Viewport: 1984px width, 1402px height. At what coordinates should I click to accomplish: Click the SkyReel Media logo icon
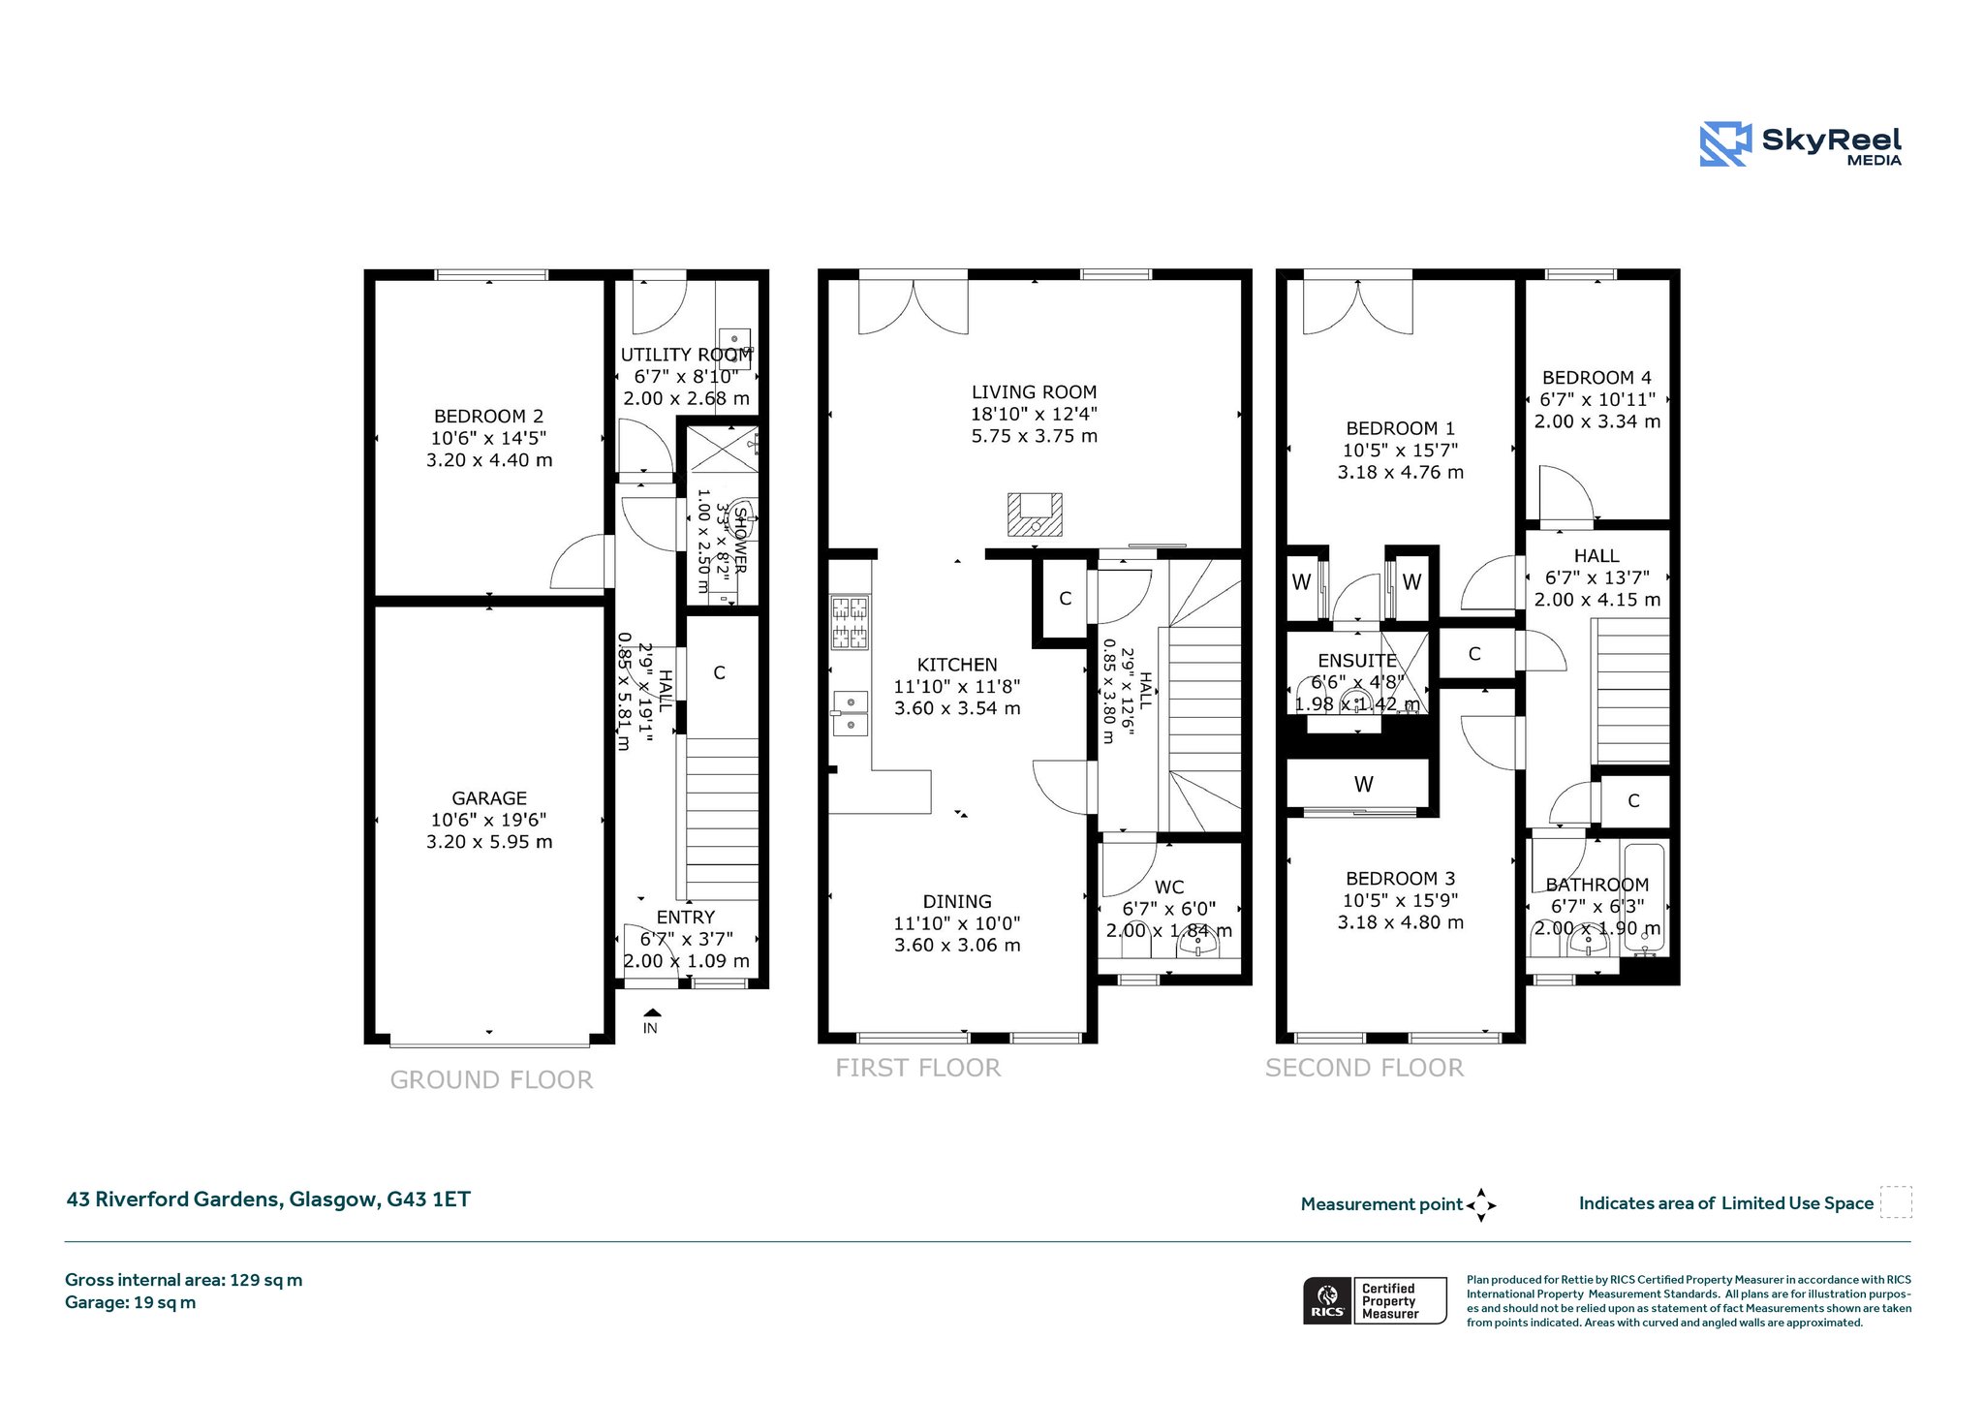tap(1725, 144)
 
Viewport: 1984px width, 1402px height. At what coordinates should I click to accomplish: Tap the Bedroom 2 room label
tap(489, 417)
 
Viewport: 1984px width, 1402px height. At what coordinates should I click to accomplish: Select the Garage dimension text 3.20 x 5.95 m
tap(489, 842)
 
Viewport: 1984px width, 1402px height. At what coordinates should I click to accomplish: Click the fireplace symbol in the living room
tap(1035, 514)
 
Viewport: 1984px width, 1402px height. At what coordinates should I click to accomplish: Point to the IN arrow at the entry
tap(650, 1013)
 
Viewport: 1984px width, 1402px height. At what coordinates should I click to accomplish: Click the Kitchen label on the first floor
tap(957, 665)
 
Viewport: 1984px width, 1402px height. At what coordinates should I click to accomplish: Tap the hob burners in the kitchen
tap(850, 621)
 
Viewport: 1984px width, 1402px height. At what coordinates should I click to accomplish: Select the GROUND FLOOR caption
tap(491, 1080)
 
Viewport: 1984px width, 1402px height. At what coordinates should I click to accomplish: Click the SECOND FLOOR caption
tap(1364, 1068)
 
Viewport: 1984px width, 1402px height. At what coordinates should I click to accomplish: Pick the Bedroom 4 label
tap(1596, 378)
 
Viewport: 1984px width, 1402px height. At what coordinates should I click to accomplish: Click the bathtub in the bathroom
tap(1644, 897)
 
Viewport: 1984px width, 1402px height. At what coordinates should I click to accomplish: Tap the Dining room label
tap(957, 901)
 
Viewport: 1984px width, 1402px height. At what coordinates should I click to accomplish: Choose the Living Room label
tap(1034, 392)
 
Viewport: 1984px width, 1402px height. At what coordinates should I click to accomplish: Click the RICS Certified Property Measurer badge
tap(1375, 1300)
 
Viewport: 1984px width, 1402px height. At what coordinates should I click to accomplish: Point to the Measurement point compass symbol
tap(1481, 1205)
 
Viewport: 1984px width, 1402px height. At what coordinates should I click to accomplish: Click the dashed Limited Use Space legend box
tap(1896, 1201)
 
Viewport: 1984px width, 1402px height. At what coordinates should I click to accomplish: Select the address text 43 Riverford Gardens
tap(172, 1199)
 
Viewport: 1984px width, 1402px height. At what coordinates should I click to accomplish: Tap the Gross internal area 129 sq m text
tap(184, 1280)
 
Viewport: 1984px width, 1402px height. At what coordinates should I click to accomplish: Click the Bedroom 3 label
tap(1400, 879)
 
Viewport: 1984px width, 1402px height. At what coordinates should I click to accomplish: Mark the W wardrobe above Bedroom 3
tap(1363, 784)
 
